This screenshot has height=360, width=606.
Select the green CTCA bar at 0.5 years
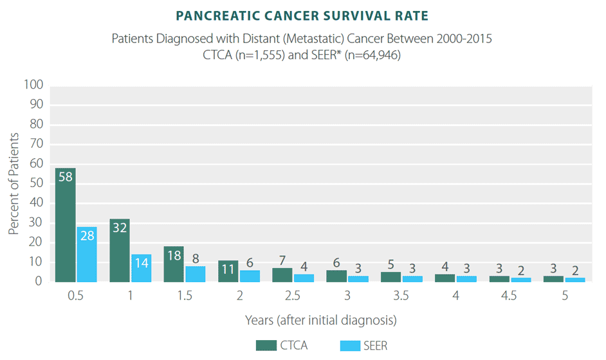[66, 225]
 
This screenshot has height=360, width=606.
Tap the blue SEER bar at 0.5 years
[87, 255]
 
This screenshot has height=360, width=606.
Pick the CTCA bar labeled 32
[120, 251]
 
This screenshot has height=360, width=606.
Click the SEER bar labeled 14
[141, 268]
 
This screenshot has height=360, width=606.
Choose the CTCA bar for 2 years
[228, 271]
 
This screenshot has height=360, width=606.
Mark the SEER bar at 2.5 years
[304, 278]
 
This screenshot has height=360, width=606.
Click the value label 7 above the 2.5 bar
[282, 261]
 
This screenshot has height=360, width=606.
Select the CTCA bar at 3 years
[336, 276]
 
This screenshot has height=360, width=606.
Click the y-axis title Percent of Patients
[14, 183]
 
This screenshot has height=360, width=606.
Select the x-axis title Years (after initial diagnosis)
[320, 319]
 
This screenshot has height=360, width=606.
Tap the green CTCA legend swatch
[264, 345]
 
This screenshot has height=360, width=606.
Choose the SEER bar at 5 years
[576, 280]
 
